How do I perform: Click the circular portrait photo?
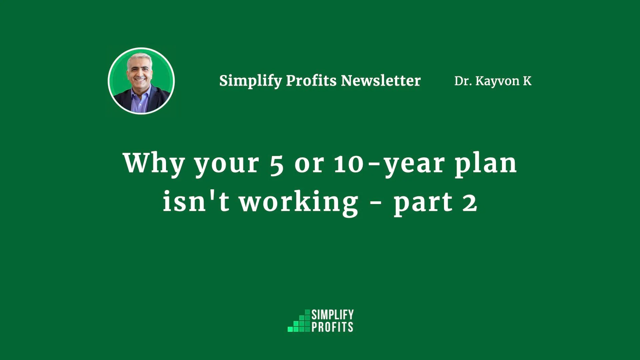point(141,81)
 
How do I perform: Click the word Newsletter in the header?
point(381,81)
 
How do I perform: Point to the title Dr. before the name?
point(463,81)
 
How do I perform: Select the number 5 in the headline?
point(277,165)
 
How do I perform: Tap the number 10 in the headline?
point(349,164)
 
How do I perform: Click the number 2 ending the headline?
point(470,202)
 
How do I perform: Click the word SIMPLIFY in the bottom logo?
point(333,315)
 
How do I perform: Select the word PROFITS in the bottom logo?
point(332,327)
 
